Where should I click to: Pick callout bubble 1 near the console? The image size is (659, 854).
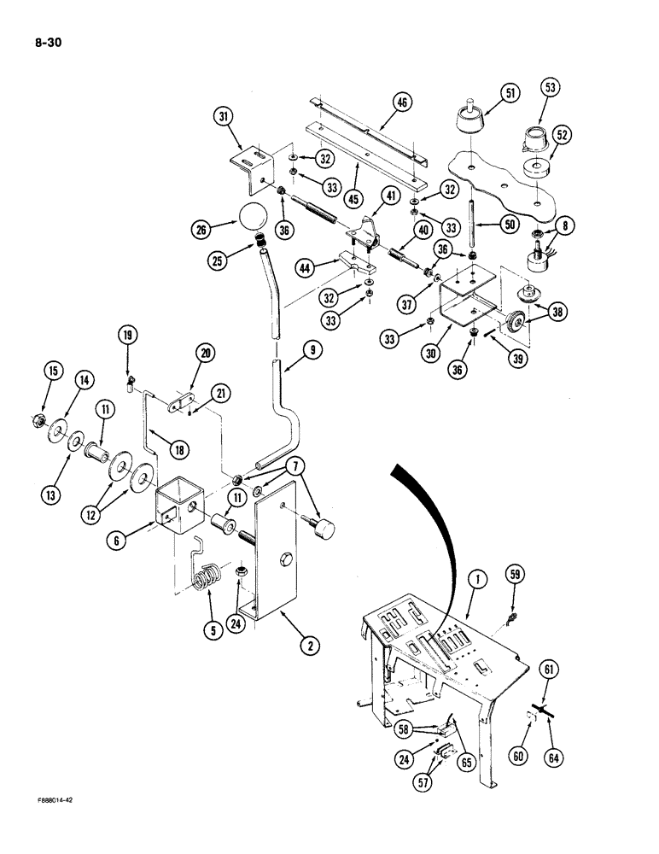[x=475, y=583]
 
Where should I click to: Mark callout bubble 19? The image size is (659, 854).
[x=127, y=337]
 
